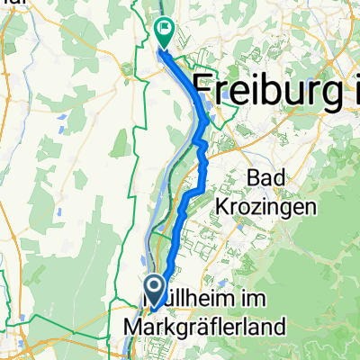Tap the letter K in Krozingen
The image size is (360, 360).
click(222, 208)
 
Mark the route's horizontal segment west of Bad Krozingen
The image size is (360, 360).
click(195, 193)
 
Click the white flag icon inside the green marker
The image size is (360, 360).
click(166, 27)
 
